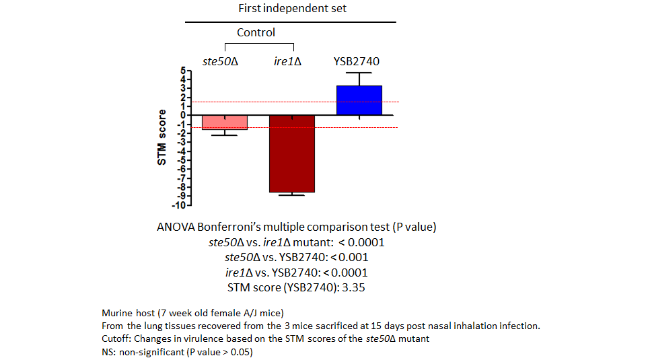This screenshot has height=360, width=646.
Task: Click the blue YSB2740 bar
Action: [359, 100]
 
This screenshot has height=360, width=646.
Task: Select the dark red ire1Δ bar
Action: [292, 153]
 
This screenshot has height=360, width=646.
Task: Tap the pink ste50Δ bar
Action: [225, 122]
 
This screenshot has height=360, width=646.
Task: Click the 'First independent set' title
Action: [293, 8]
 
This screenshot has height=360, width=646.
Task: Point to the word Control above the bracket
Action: [256, 32]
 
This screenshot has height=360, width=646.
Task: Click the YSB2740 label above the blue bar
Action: [357, 61]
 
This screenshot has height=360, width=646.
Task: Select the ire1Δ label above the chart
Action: [287, 61]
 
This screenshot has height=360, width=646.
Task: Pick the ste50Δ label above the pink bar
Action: [221, 61]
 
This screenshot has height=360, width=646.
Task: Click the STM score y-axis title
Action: [161, 137]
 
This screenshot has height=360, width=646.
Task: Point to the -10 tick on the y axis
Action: [182, 205]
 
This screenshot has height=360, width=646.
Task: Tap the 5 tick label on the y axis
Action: [183, 71]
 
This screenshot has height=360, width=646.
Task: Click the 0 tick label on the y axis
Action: [183, 115]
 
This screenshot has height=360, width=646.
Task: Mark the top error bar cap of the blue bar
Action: [359, 73]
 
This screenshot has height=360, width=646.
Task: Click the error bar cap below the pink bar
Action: [225, 135]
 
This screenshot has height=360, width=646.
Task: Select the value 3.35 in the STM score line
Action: [353, 287]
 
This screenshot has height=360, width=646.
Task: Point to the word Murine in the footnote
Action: [117, 313]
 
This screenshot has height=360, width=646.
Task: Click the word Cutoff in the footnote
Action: [116, 338]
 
